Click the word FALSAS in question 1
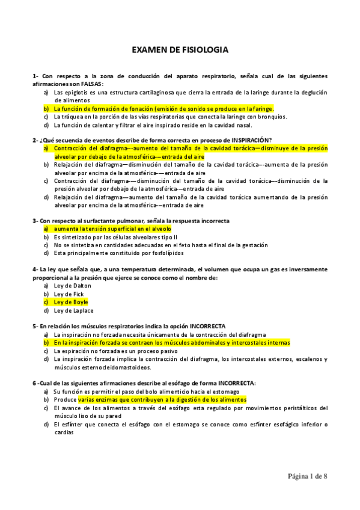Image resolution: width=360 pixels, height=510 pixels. (90, 84)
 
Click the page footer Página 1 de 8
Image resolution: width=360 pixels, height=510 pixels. (307, 476)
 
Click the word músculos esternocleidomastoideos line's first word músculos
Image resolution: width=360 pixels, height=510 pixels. (66, 367)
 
